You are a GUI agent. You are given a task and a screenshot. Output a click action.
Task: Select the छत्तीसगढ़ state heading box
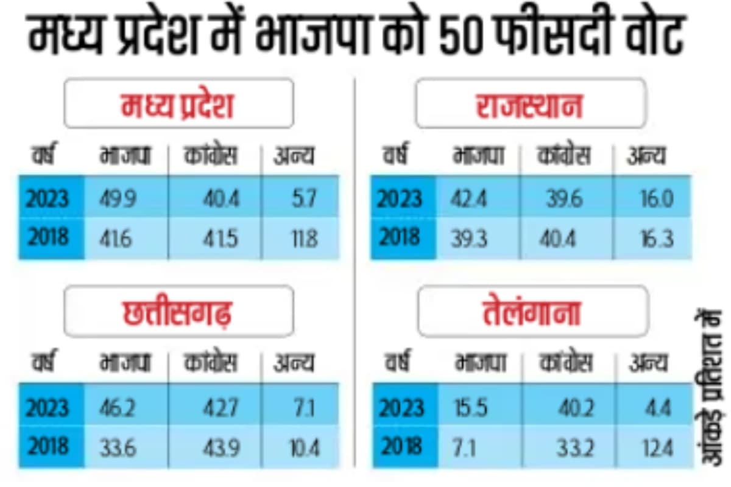click(x=178, y=311)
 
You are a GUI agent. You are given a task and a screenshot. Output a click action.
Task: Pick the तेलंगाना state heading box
click(x=530, y=311)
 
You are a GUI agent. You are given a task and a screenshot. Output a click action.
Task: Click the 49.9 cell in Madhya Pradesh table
click(x=118, y=199)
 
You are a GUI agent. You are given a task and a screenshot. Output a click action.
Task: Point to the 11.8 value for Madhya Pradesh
click(x=302, y=237)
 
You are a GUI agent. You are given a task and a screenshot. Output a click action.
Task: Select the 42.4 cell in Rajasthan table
click(x=469, y=199)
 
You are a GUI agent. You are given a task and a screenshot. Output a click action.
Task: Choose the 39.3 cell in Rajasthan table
click(x=469, y=237)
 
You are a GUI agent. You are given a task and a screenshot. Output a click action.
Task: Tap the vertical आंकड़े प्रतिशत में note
click(x=708, y=390)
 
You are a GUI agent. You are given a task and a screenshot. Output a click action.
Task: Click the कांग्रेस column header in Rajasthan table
click(x=564, y=157)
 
